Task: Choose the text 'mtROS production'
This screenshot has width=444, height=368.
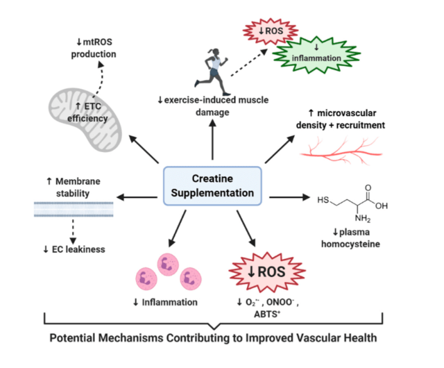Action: pos(96,49)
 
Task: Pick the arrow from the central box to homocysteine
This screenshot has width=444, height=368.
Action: pos(287,198)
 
